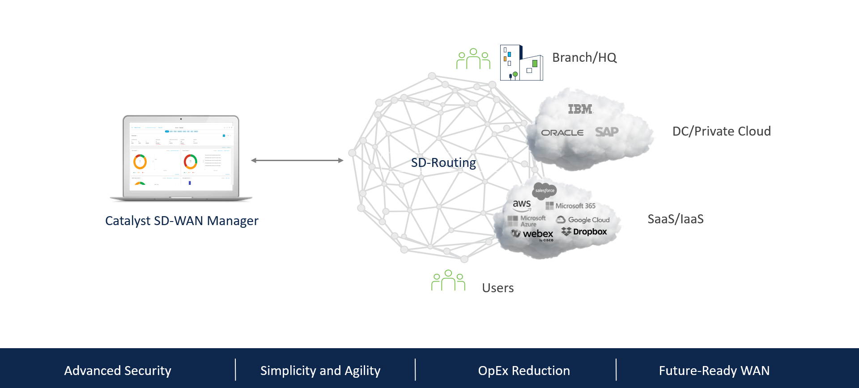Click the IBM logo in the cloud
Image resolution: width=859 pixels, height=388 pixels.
(580, 109)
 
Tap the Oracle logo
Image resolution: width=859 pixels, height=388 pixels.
(562, 132)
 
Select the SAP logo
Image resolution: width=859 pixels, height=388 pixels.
(607, 132)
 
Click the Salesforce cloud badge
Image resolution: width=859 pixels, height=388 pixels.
(544, 191)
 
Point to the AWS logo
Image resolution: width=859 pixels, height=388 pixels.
(522, 205)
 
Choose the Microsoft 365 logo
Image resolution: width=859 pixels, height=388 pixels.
(570, 206)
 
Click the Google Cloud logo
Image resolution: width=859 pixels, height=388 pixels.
(583, 220)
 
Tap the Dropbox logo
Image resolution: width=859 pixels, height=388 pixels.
(584, 232)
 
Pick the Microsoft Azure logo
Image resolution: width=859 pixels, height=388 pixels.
(527, 221)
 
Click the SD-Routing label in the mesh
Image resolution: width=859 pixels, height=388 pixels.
(443, 162)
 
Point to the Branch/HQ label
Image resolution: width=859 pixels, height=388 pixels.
(584, 57)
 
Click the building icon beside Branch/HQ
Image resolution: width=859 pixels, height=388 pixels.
(521, 63)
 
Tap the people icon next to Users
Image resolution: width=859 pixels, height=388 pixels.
(448, 281)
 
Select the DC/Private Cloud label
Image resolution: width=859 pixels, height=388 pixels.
(721, 131)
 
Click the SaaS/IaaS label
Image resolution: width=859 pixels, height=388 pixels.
(676, 219)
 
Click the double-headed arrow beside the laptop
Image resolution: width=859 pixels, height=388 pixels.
(297, 160)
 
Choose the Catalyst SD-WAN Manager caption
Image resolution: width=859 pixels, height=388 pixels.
(182, 221)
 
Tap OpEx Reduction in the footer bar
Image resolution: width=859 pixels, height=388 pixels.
(524, 371)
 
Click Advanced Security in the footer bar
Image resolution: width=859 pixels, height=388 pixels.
(118, 371)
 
